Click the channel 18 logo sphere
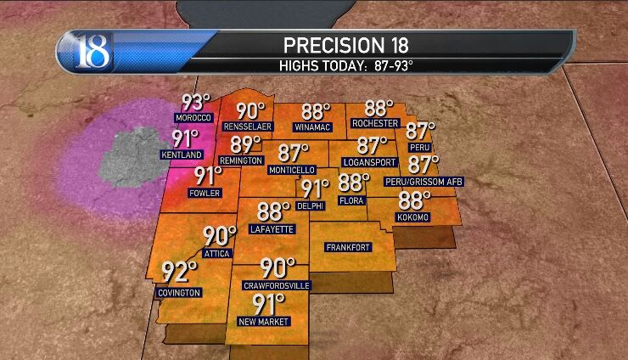pos(85,52)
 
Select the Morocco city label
pos(191,117)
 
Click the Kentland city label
pos(182,155)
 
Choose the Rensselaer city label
pos(247,127)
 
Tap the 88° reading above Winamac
pos(316,112)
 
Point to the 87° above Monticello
pos(294,153)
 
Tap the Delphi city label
pos(311,205)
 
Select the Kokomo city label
pos(413,217)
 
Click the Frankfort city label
pos(347,248)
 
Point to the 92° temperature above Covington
pos(179,273)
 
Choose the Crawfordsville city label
pos(278,285)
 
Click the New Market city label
pos(265,321)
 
